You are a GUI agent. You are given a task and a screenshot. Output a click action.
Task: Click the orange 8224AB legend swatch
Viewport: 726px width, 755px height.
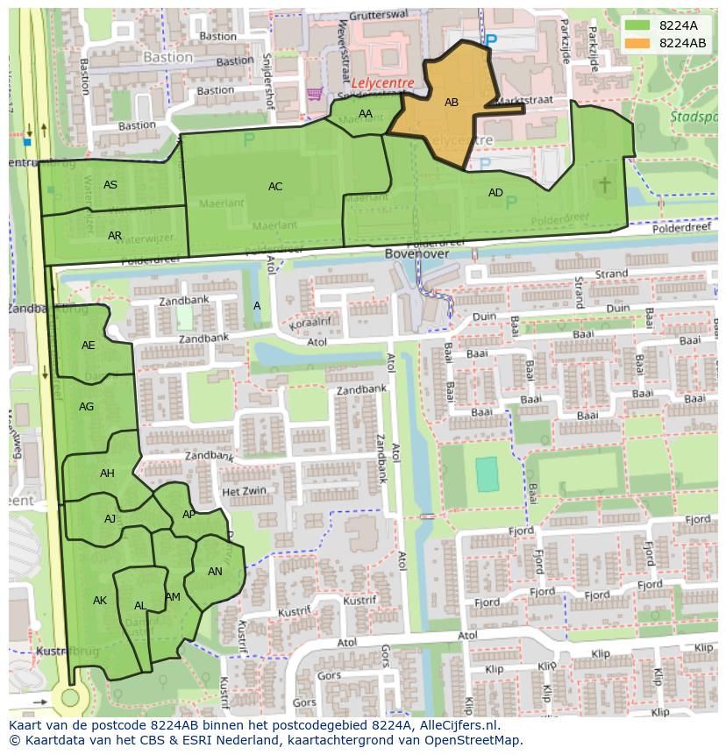638,42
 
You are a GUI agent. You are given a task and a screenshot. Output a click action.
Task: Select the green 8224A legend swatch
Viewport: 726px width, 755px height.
638,25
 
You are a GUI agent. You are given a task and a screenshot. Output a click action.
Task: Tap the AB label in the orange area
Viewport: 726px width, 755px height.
452,103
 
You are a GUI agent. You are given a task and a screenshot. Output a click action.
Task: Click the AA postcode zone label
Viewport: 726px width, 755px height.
366,114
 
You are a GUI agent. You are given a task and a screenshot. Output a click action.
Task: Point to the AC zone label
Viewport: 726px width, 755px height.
275,186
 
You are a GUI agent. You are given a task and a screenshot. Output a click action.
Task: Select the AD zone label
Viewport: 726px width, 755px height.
495,193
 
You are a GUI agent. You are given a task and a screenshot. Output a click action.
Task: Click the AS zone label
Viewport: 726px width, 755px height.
110,185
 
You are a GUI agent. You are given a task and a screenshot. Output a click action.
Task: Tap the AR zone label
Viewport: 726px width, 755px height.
115,236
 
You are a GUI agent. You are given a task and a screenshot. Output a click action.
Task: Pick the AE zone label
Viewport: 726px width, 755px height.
89,345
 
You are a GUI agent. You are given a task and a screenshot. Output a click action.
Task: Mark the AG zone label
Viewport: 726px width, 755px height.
86,407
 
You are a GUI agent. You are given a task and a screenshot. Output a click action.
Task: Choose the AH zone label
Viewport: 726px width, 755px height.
107,474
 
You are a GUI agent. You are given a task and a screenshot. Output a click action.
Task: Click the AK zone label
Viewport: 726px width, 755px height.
100,601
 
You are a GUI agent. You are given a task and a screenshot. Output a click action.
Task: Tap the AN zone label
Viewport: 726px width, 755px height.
215,572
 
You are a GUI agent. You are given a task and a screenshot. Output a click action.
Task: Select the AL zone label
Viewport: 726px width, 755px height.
140,606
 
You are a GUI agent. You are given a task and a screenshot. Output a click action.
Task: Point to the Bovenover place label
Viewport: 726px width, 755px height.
416,253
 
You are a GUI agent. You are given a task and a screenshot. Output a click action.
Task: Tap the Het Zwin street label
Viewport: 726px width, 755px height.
243,492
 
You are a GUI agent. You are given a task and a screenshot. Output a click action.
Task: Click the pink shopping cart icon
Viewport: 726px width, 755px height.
314,94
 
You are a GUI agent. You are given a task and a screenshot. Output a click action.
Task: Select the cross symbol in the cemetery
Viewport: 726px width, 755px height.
605,184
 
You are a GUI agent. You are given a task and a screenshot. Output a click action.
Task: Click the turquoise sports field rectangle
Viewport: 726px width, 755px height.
486,474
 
